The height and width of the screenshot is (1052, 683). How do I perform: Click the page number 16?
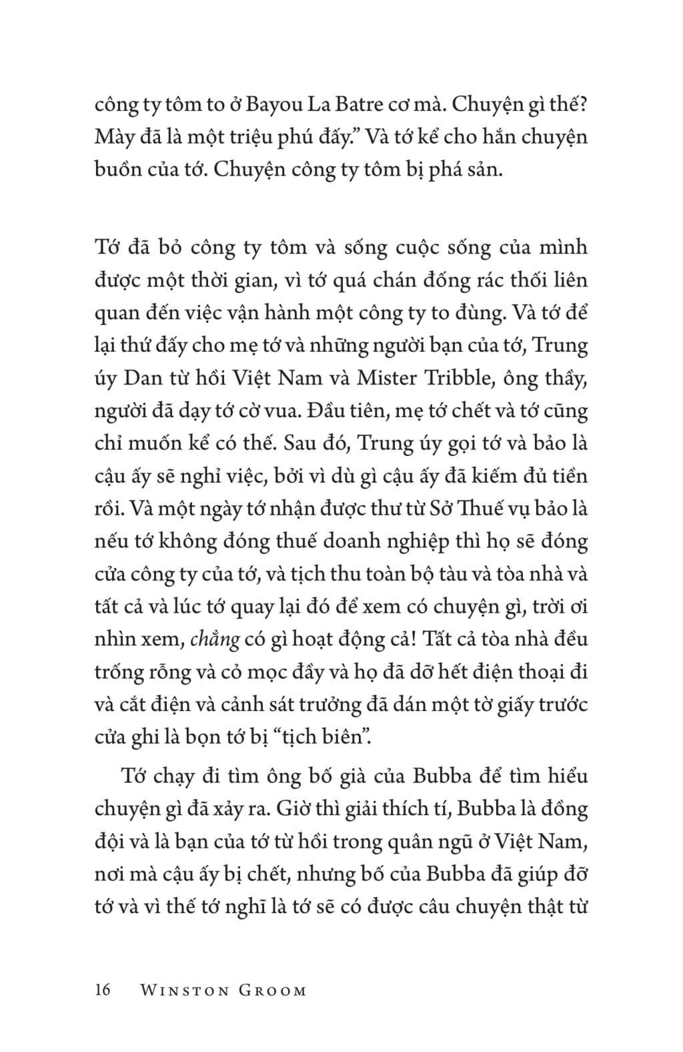(x=103, y=989)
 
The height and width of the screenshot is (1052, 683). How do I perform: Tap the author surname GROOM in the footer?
(x=272, y=990)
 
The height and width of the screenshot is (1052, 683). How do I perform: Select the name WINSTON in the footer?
(x=183, y=990)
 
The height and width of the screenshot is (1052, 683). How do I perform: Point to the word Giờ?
(x=306, y=808)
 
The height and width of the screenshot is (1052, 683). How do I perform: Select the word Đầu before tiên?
(x=327, y=410)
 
